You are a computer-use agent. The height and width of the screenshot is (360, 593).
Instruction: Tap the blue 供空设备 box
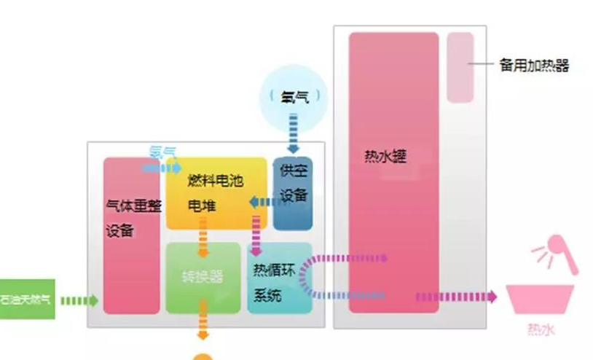coord(293,192)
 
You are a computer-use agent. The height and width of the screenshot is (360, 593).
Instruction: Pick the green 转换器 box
coord(203,277)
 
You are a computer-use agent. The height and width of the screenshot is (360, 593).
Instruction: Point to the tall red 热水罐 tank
coord(393,172)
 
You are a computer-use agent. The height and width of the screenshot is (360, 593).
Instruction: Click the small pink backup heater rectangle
coord(460,67)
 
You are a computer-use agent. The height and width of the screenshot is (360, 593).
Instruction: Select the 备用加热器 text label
coord(533,66)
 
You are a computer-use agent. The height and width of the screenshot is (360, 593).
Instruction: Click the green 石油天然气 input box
coord(26,300)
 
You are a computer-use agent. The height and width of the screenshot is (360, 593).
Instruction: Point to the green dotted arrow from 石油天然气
coord(79,300)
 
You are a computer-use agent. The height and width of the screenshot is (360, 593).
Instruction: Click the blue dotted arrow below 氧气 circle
coord(293,137)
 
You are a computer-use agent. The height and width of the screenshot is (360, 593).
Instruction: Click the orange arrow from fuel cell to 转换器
coord(203,240)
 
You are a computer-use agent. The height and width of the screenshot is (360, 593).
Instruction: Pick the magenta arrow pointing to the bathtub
coord(456,297)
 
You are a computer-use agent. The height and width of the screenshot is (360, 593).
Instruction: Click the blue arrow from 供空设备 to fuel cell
coord(259,201)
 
